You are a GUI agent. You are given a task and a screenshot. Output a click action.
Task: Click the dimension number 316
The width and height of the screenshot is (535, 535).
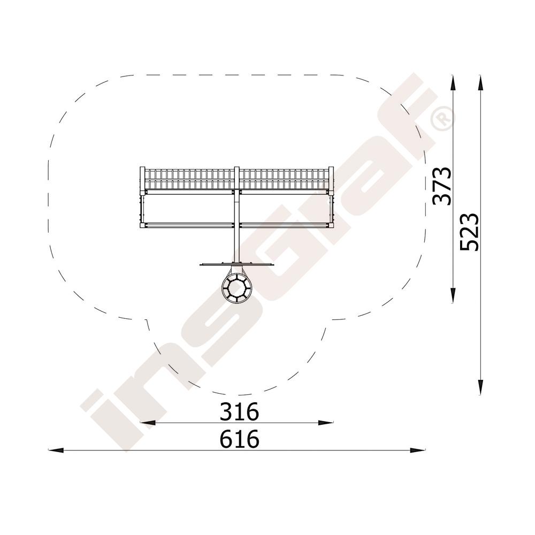239,411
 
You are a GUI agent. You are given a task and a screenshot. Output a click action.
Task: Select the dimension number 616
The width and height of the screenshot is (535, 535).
239,439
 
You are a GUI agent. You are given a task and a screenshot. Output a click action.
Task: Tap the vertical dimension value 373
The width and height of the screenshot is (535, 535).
442,186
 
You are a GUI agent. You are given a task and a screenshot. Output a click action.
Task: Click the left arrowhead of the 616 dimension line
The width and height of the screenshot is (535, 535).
56,450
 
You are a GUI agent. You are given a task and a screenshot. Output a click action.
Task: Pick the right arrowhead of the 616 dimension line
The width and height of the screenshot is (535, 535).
418,450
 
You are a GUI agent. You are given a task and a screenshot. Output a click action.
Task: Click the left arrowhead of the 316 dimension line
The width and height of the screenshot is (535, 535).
148,423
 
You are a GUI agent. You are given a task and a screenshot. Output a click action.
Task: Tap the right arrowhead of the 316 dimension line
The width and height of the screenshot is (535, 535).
325,423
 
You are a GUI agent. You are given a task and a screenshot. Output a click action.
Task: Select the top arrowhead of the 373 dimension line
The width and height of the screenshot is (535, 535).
453,83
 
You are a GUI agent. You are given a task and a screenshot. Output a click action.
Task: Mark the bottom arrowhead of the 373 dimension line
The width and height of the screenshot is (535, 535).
453,295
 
